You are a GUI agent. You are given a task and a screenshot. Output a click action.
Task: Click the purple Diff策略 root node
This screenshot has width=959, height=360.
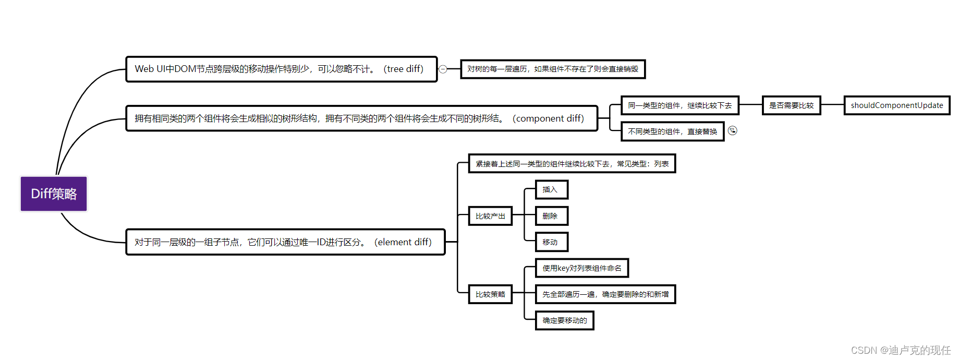(x=54, y=194)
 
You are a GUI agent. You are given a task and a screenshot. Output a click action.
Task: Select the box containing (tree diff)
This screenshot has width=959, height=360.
(x=281, y=69)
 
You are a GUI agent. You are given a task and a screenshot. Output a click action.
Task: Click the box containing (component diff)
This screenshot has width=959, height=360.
(x=361, y=118)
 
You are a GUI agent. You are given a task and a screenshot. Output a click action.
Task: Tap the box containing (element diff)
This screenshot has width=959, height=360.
(x=285, y=242)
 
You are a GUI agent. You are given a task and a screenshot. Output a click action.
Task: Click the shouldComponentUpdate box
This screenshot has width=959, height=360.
(x=896, y=105)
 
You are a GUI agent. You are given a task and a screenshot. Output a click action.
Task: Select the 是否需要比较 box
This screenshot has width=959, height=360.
(x=791, y=105)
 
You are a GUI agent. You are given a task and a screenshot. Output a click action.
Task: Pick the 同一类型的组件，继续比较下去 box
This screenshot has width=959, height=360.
(x=679, y=105)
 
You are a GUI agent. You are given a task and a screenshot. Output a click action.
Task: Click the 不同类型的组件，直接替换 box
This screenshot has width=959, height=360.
(x=672, y=131)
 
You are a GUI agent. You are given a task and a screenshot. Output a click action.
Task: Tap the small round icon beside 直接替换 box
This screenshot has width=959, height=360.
(x=733, y=130)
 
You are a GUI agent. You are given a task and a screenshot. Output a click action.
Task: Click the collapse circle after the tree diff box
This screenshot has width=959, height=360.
(x=443, y=69)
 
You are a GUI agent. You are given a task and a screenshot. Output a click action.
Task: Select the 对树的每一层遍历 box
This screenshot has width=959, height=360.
(x=553, y=69)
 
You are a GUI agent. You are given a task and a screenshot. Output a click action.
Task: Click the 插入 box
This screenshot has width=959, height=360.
(x=551, y=189)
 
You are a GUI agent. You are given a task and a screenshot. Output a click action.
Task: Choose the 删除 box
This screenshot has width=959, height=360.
(x=551, y=216)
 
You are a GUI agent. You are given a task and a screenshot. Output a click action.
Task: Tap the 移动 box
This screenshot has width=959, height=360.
(x=551, y=242)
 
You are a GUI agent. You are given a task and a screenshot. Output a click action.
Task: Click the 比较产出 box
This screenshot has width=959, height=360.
(x=490, y=216)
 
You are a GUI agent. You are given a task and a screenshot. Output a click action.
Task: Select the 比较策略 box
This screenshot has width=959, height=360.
(x=490, y=294)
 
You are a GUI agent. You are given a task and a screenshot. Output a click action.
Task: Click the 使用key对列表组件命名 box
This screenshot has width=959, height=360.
(x=581, y=268)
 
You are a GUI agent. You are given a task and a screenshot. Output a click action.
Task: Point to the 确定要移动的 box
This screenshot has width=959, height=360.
(x=564, y=320)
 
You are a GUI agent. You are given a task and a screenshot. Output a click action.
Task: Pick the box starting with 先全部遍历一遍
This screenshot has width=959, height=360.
(x=605, y=294)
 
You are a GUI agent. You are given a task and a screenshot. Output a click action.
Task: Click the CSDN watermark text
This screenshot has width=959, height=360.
(x=901, y=350)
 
